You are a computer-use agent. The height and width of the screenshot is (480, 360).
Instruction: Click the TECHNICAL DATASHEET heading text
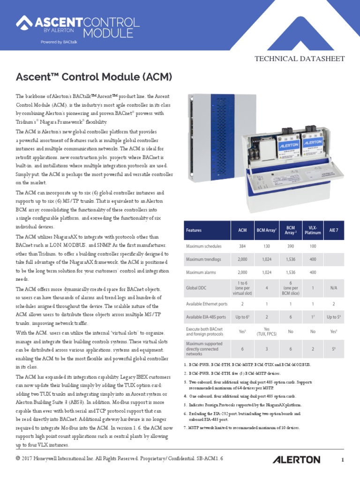tap(299, 59)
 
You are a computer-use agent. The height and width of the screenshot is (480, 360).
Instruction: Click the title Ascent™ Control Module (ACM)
tap(94, 76)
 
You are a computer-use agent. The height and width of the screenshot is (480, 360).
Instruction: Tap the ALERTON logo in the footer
tap(297, 459)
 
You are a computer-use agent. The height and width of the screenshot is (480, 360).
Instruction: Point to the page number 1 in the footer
tap(343, 460)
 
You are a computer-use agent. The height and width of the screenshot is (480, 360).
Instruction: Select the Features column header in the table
tap(194, 230)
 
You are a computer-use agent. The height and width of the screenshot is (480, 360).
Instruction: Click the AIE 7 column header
tap(334, 230)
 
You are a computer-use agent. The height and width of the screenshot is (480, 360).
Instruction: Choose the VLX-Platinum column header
tap(313, 230)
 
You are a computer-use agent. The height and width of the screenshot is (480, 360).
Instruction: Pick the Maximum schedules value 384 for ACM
tap(242, 246)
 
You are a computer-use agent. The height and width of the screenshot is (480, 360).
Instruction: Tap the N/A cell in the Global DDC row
tap(334, 288)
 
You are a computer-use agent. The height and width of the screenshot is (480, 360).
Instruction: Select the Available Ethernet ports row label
tap(207, 304)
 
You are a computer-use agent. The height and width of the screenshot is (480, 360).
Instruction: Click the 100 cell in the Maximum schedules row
tap(313, 246)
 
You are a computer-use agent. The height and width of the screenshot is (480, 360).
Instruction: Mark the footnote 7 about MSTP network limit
tap(242, 428)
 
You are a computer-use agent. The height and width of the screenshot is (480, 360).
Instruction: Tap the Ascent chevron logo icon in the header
tap(23, 22)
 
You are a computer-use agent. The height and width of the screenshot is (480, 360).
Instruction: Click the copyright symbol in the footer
tap(18, 457)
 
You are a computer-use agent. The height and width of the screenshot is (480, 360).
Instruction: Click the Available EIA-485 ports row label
tap(207, 317)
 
